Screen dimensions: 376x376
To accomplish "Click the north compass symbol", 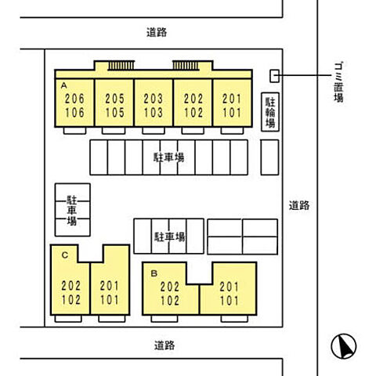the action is click(344, 346).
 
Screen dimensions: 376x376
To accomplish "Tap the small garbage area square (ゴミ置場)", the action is click(274, 76).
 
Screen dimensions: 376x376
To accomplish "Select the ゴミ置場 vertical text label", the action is click(338, 82).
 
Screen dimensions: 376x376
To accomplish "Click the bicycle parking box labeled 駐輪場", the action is click(270, 112).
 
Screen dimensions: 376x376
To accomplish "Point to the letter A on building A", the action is click(63, 85).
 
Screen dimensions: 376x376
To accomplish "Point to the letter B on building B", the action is click(154, 273).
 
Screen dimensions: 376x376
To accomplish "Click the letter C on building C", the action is click(65, 255).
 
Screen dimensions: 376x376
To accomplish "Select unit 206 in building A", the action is click(74, 99).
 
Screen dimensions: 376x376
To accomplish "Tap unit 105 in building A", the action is click(114, 113).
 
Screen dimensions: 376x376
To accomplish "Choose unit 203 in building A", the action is click(154, 99).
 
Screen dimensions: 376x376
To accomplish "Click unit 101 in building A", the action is click(232, 113).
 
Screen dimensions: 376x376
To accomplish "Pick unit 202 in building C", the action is click(71, 286).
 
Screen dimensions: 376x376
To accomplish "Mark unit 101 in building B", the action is click(230, 300).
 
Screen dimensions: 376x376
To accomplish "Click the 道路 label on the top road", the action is click(157, 32).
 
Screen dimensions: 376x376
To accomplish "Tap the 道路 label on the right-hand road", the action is click(299, 205).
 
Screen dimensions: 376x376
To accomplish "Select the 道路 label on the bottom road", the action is click(164, 345).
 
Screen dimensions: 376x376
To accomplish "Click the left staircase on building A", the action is click(121, 65).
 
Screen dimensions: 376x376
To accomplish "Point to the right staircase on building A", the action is click(186, 65).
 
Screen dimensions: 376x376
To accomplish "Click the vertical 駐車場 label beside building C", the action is click(72, 211).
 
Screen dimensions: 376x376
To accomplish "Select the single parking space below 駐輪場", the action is click(269, 157).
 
